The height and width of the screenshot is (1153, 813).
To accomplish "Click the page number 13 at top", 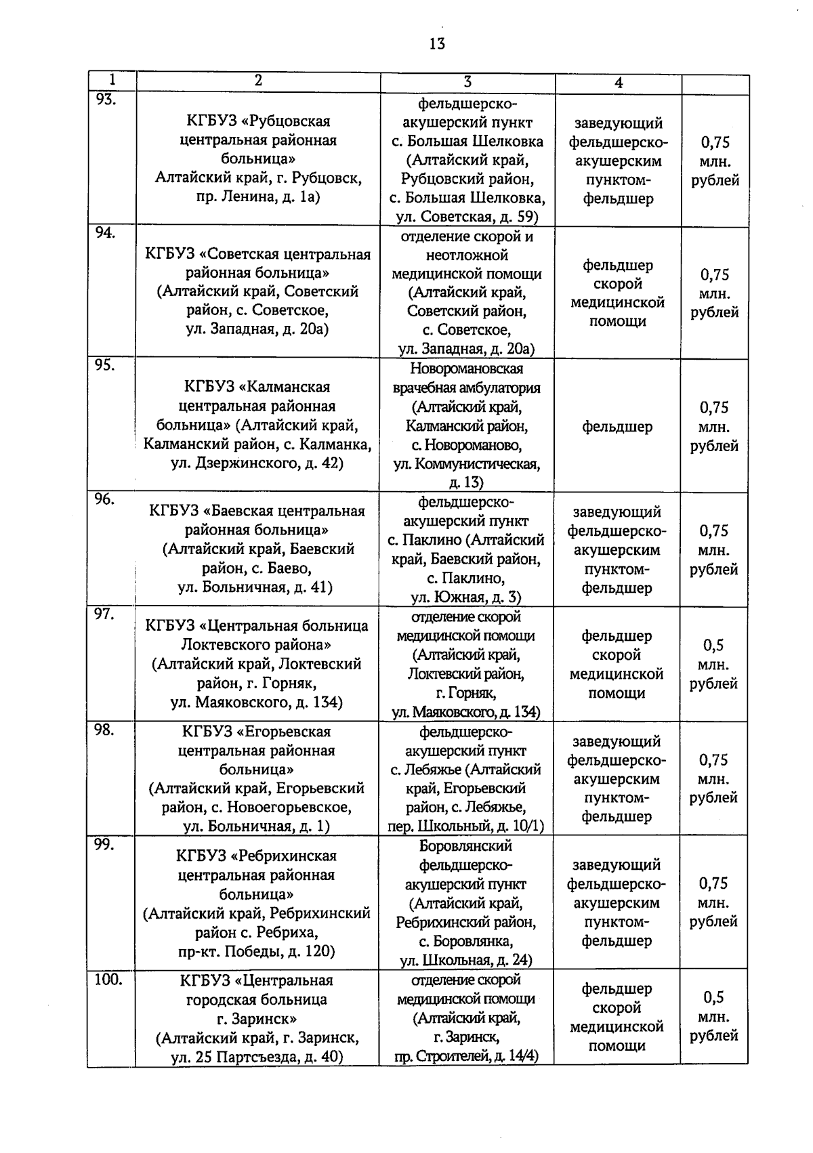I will (436, 44).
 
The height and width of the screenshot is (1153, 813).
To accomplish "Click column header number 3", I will (467, 81).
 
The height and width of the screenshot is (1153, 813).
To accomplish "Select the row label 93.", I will (106, 100).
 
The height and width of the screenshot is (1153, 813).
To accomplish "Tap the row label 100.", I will (108, 979).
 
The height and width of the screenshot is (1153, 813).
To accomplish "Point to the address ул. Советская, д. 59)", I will (467, 217).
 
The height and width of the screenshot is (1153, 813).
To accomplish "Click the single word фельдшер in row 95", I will (617, 427).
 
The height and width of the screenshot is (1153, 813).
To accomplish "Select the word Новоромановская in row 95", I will (467, 369).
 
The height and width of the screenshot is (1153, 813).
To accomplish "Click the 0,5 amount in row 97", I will (713, 645).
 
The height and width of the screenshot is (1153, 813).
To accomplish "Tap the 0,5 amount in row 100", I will (713, 997).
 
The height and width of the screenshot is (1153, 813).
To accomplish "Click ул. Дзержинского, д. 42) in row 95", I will (257, 464).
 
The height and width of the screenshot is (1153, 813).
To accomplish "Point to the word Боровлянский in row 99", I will (466, 846).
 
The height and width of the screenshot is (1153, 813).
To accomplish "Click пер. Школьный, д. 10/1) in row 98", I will (466, 826).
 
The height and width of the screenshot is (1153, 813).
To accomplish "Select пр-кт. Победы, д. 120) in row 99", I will (257, 951).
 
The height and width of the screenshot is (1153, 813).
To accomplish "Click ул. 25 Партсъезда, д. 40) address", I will (257, 1057).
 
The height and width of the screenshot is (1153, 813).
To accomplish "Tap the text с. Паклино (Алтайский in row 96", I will (466, 541).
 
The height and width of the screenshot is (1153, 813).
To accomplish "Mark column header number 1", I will (112, 79).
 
